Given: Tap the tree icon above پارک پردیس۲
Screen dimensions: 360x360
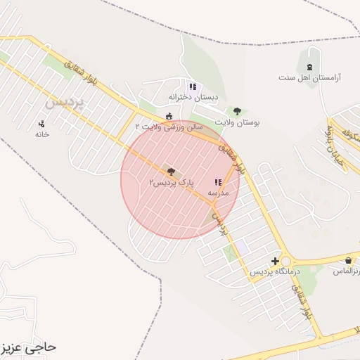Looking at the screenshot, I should (171, 171).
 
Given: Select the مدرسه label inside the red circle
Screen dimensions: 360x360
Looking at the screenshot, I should (217, 192).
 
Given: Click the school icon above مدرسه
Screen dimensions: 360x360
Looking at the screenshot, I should (217, 181).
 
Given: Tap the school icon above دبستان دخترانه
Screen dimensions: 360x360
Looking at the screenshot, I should (193, 87).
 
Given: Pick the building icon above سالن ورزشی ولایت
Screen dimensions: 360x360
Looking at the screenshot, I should (168, 116).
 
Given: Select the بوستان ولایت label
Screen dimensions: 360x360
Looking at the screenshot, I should (237, 122).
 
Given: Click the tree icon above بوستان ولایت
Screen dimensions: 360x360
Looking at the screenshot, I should (237, 111).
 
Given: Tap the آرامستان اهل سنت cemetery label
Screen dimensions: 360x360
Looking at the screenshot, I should (309, 77).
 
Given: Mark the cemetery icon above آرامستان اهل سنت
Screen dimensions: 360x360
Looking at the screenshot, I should (310, 67).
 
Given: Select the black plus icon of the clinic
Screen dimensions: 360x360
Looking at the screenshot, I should (275, 261).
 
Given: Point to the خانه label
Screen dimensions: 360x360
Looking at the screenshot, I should (42, 134).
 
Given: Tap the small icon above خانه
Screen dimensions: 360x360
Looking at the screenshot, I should (41, 124).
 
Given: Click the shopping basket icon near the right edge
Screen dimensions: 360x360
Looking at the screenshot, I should (347, 261).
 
